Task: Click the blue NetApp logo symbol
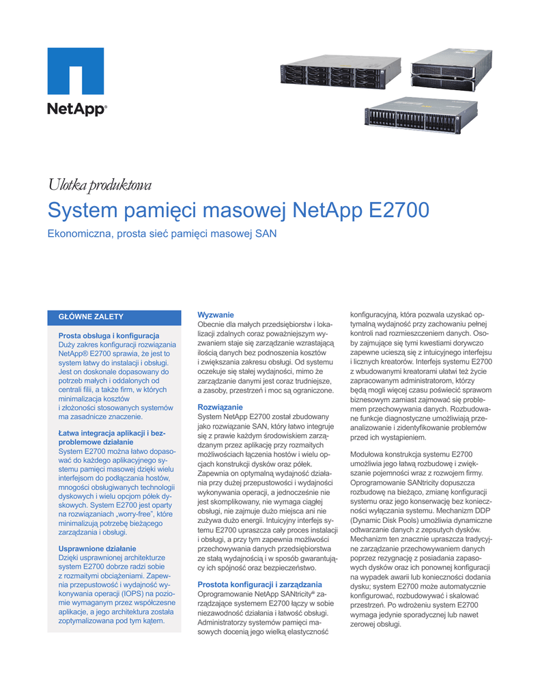(x=75, y=71)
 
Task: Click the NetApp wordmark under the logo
(x=76, y=109)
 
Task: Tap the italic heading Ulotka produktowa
(x=98, y=184)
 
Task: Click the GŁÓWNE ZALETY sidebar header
(x=90, y=317)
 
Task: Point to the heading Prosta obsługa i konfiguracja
(x=109, y=335)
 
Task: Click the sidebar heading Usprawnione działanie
(x=97, y=548)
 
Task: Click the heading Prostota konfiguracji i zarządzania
(x=259, y=584)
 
